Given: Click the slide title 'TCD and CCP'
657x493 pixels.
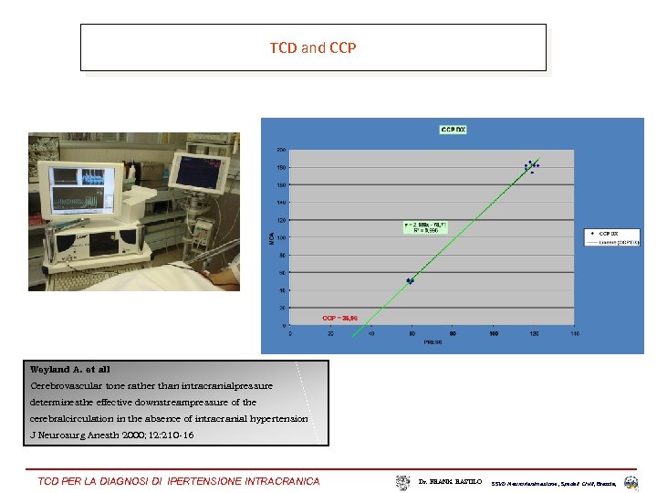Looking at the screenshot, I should click(x=313, y=47).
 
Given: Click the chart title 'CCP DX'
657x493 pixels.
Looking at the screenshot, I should click(x=454, y=131).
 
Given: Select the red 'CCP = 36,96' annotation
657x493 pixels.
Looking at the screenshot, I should click(x=339, y=318).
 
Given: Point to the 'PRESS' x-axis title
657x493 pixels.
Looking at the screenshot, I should click(x=433, y=343).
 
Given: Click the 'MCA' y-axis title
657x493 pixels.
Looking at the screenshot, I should click(x=270, y=237).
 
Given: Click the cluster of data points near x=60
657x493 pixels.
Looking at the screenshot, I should click(x=411, y=280).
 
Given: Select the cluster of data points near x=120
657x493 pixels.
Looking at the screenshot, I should click(x=532, y=166).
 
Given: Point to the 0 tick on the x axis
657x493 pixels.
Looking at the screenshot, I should click(x=291, y=333).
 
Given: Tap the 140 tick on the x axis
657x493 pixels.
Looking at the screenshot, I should click(x=574, y=333).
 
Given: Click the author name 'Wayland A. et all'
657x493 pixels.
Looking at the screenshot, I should click(x=70, y=370).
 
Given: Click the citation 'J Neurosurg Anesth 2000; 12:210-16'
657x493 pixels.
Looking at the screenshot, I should click(x=112, y=435).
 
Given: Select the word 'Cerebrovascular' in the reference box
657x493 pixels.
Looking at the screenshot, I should click(x=65, y=386).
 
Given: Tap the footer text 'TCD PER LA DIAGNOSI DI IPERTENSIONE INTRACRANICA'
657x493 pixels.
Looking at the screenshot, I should click(x=179, y=481).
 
